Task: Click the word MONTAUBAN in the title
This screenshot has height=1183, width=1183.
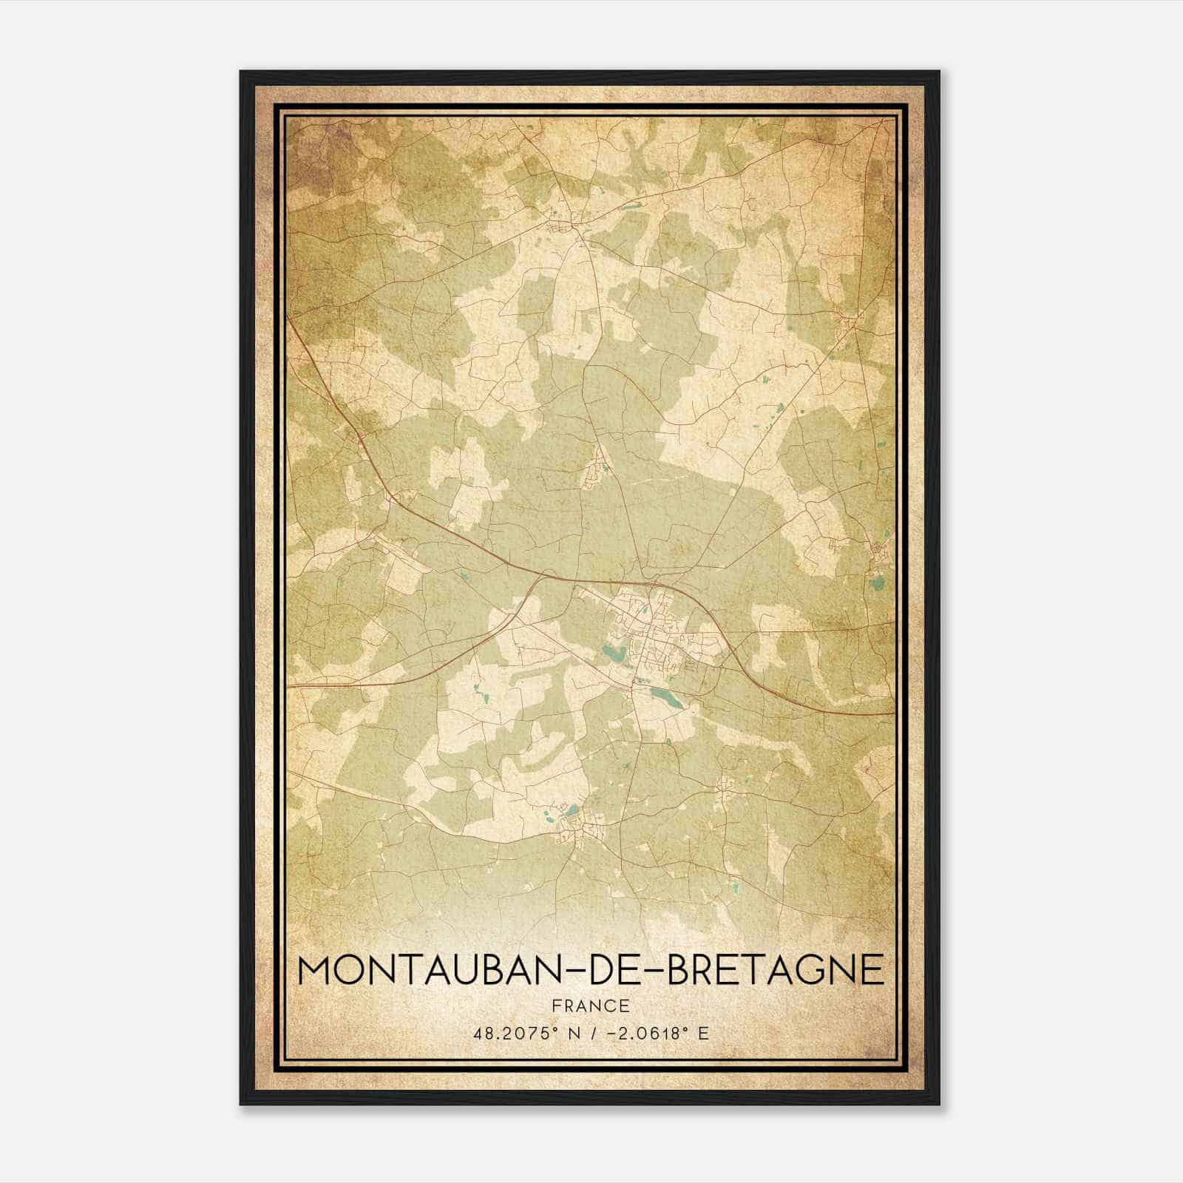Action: (424, 969)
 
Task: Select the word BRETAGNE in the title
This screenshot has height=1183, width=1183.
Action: (776, 969)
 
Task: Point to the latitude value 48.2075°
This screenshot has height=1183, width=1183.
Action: (512, 1033)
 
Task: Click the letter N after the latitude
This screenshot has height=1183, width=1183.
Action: (569, 1033)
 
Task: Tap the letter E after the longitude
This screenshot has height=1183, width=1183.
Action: (703, 1033)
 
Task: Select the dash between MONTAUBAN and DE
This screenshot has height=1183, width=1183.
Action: (569, 970)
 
